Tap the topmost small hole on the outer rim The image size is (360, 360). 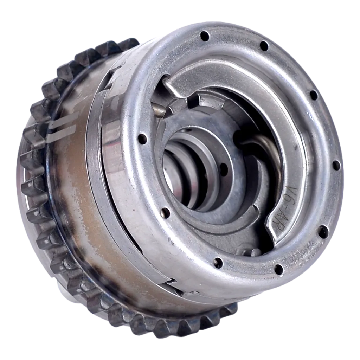pyautogui.click(x=204, y=36)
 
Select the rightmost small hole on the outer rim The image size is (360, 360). pyautogui.click(x=336, y=165)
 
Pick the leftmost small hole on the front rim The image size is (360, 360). pyautogui.click(x=142, y=139)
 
